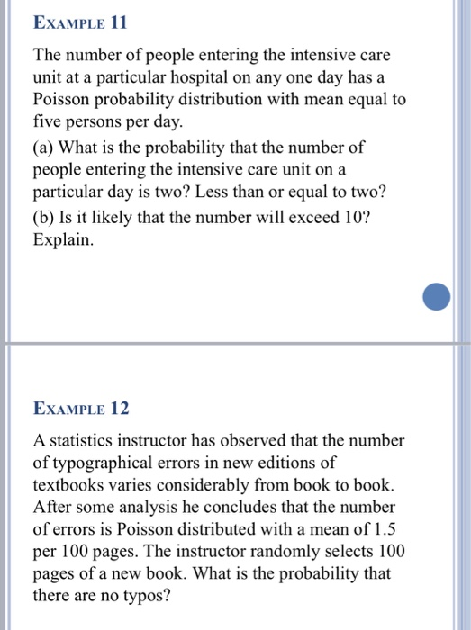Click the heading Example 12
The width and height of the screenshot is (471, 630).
[x=80, y=409]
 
